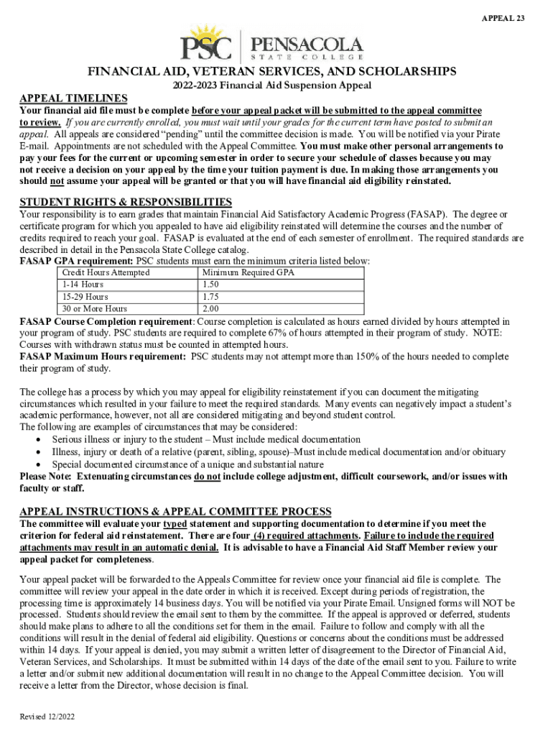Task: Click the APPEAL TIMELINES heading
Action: click(x=73, y=98)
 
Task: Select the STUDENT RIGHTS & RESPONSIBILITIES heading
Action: click(x=126, y=202)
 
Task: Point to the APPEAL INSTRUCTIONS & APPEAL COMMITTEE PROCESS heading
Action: click(x=175, y=511)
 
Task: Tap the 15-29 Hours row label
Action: click(x=85, y=297)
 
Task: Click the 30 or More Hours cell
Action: click(x=96, y=309)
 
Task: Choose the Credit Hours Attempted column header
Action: click(x=106, y=273)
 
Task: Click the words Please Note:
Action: click(x=45, y=476)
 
